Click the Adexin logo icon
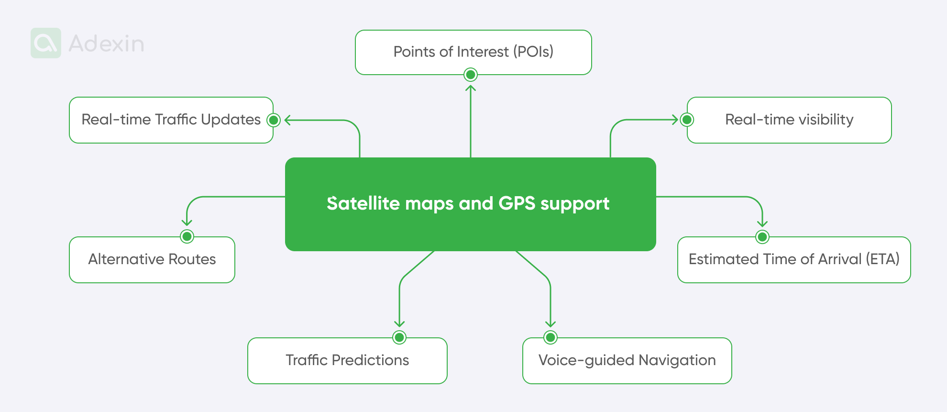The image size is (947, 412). point(46,43)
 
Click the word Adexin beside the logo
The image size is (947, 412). point(106,44)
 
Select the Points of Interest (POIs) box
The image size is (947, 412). point(473,52)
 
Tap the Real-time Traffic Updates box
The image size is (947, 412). point(171,120)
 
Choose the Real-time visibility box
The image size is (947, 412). point(789,120)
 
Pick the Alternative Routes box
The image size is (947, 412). point(152,259)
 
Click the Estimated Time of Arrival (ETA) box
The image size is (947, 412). point(794,259)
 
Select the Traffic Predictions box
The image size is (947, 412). point(347,360)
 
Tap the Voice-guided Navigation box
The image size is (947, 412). point(627,360)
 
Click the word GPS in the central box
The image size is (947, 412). point(517,203)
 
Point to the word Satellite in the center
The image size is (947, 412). point(363,203)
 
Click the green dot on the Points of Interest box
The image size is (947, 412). point(471,75)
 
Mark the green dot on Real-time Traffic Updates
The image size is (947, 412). point(274,120)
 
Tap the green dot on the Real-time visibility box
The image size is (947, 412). point(687,120)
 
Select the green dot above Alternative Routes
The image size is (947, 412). point(187,236)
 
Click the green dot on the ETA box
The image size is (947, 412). point(762,237)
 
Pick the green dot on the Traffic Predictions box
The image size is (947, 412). point(399,337)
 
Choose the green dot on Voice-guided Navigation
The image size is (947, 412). point(551,337)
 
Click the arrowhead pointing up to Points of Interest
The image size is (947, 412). point(471,88)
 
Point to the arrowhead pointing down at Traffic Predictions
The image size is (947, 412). point(399,324)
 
